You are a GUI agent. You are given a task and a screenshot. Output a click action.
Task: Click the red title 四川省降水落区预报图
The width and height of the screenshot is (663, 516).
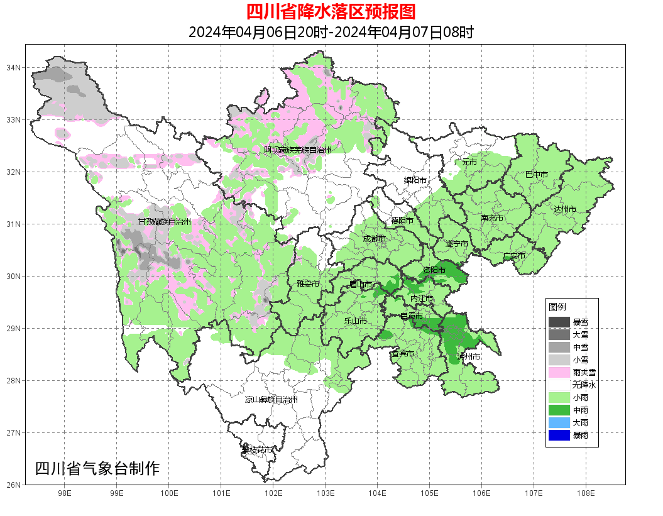[331, 12]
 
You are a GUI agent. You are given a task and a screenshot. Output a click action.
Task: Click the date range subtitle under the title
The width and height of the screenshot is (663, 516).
[331, 32]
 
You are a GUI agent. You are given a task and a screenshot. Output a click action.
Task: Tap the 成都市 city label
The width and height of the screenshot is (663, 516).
[374, 239]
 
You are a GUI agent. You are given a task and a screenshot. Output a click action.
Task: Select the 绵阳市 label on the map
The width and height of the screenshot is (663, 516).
[415, 180]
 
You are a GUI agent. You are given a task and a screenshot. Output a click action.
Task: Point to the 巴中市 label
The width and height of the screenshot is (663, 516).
[536, 174]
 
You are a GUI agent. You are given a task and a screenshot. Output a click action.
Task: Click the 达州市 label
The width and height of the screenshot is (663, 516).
[564, 209]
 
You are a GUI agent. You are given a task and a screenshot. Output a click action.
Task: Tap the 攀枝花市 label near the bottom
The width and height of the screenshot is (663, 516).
[257, 450]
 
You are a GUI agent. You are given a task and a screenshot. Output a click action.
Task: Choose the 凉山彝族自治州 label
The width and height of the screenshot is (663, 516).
[271, 399]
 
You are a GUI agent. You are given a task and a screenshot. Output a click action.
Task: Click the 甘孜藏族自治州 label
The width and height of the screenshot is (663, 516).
[164, 222]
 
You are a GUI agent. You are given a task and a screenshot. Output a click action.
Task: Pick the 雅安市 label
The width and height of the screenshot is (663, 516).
[308, 284]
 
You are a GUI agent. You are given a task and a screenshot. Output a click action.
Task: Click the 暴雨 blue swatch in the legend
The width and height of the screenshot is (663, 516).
[559, 435]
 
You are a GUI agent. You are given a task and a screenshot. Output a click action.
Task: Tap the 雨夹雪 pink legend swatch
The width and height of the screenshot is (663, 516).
[559, 372]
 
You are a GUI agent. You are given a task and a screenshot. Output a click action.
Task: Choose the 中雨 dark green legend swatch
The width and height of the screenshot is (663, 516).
[559, 410]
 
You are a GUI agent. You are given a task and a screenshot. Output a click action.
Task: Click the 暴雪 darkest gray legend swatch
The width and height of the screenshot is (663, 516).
[559, 322]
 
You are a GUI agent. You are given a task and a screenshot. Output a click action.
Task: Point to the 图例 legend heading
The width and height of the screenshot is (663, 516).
[557, 307]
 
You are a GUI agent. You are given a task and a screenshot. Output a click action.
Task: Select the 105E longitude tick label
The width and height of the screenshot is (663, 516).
[429, 493]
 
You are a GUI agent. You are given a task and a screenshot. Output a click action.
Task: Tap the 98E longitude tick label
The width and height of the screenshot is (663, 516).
[64, 493]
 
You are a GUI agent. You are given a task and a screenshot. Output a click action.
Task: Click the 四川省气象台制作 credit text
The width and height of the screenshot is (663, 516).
[97, 468]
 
